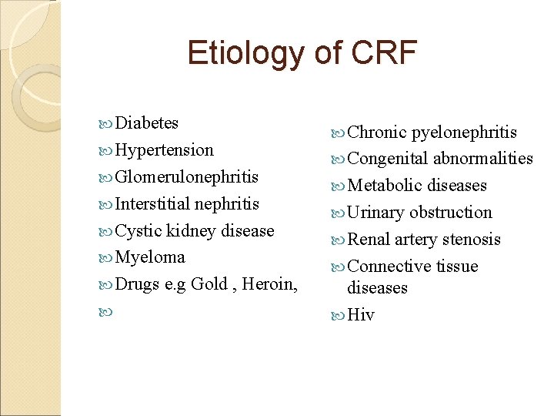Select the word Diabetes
[146, 123]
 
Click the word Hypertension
[164, 150]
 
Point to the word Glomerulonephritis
[186, 177]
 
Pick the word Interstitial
[152, 204]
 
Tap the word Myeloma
[149, 257]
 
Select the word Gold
[209, 284]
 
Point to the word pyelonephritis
[464, 133]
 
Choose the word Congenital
[388, 159]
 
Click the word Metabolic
[385, 186]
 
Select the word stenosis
[469, 240]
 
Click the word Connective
[389, 267]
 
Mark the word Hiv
[361, 315]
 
